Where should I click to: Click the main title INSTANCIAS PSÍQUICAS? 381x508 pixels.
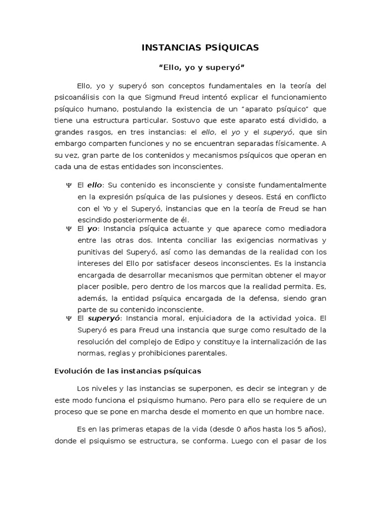click(200, 48)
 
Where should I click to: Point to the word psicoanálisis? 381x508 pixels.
click(79, 97)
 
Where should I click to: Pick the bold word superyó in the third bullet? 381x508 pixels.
click(105, 318)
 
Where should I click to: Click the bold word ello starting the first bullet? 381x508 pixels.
click(94, 185)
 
